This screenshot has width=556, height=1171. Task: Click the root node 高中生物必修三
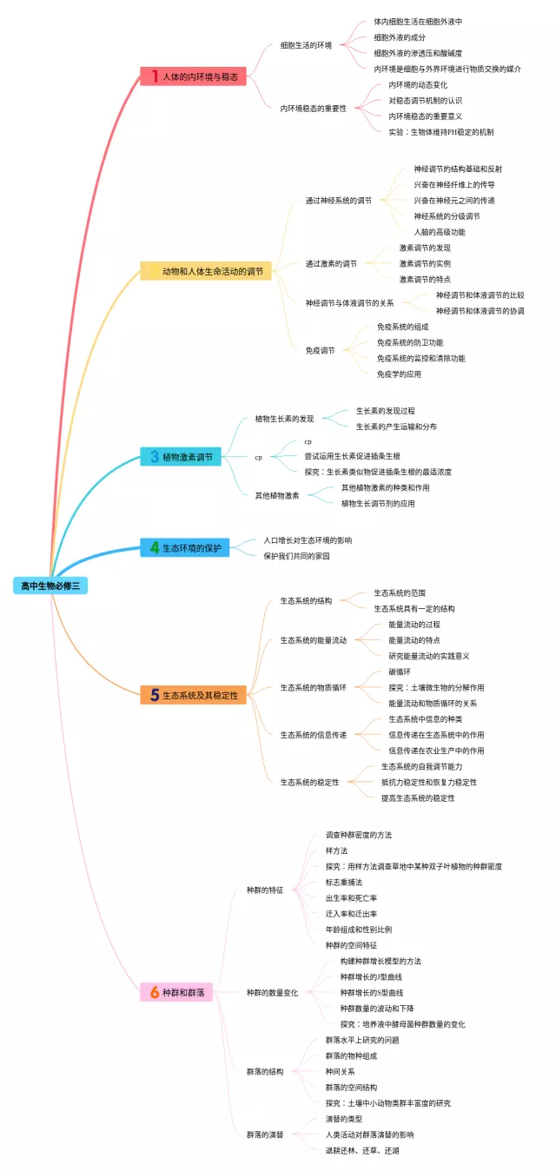pos(50,585)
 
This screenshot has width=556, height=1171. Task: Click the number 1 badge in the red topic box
pos(155,76)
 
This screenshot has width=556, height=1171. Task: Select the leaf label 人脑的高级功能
pos(439,232)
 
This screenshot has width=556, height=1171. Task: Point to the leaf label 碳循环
pos(400,672)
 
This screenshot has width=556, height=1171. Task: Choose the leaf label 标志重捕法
pos(344,882)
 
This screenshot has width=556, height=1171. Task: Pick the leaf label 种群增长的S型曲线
pos(372,992)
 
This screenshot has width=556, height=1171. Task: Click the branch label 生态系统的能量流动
pos(313,640)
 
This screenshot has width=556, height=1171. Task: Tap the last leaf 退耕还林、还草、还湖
pos(362,1150)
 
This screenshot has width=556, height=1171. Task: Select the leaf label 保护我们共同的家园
pos(296,556)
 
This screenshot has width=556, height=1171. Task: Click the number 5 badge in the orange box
pos(155,695)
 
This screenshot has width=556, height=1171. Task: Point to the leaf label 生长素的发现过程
pos(385,410)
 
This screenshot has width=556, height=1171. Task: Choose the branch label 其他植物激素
pos(276,495)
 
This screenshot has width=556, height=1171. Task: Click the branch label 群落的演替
pos(265,1135)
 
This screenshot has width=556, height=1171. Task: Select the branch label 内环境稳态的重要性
pos(313,109)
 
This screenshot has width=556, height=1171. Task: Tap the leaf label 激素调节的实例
pos(425,263)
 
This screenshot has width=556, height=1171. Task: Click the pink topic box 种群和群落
pos(177,992)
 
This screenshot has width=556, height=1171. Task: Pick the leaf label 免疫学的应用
pos(399,374)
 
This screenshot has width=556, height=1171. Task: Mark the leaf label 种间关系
pos(340,1071)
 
